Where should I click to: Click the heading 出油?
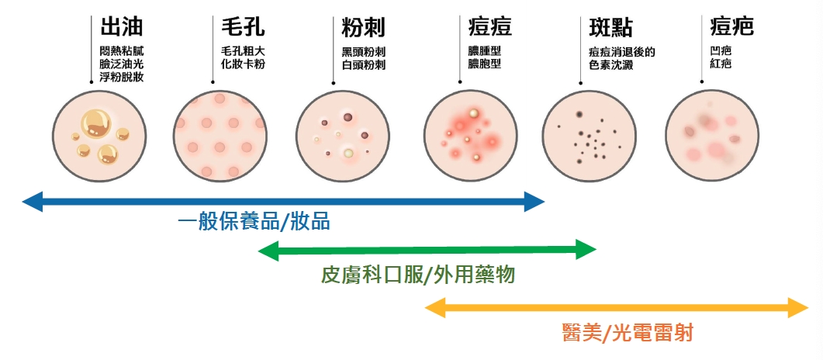tap(122, 28)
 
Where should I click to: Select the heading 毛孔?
tap(243, 28)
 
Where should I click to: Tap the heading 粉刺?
tap(364, 28)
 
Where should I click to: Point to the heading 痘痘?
tap(490, 28)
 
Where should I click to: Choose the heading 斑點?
tap(610, 28)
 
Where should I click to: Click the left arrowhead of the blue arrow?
tap(31, 202)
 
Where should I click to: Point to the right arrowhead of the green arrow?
tap(586, 250)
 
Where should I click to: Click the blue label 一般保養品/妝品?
tap(254, 222)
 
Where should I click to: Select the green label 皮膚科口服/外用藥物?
tap(417, 275)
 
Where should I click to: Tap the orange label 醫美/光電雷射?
tap(627, 334)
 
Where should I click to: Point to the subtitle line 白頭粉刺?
tap(364, 65)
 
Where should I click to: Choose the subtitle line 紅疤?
tap(721, 65)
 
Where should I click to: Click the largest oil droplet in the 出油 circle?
tap(97, 121)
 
